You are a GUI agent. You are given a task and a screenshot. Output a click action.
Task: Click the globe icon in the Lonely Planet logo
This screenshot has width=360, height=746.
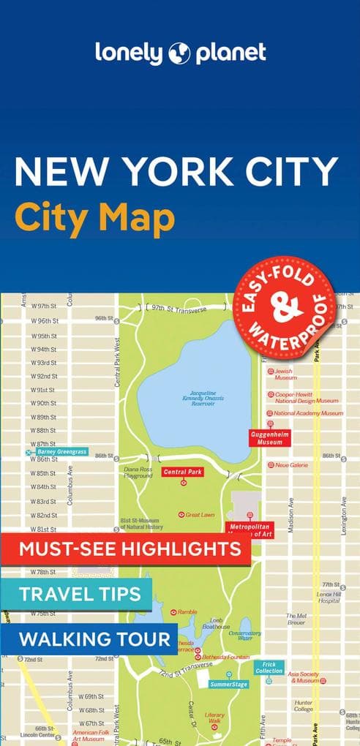point(180,53)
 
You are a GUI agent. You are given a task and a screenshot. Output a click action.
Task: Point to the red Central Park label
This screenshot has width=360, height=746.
point(183,472)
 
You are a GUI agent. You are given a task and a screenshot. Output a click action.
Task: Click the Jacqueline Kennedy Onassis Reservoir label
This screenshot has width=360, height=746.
point(203,398)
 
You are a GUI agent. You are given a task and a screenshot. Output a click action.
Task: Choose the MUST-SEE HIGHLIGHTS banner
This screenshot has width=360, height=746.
point(130,549)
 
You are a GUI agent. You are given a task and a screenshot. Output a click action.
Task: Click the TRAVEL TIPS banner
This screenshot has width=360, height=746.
point(80,594)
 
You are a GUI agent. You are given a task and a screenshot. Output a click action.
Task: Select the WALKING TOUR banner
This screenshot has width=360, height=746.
point(94,638)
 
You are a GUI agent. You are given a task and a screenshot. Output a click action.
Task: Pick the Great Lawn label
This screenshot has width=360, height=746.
point(200,515)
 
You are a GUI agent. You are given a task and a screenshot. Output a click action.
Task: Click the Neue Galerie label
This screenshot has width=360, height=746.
point(292,464)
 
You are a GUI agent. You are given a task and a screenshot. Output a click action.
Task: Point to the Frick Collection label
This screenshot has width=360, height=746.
point(269,667)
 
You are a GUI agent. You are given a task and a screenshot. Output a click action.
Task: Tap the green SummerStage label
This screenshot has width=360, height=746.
point(228,684)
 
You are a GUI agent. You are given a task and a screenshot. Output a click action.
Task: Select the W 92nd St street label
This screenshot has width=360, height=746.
point(43,376)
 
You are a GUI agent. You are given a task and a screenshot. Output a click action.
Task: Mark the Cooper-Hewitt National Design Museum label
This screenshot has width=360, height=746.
point(307,397)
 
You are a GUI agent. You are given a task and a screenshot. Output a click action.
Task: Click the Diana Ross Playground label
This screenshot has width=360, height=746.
point(138,472)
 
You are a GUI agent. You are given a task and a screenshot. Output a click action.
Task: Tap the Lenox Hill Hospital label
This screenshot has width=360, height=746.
point(328,597)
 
